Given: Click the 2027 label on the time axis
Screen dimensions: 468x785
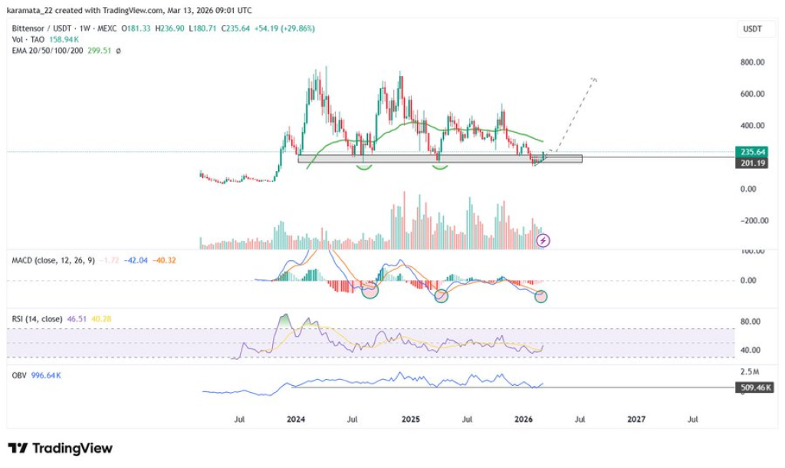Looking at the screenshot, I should click(x=636, y=420).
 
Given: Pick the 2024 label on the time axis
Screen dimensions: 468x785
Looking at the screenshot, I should click(x=296, y=420).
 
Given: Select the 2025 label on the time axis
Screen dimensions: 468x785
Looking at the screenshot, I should click(x=410, y=420).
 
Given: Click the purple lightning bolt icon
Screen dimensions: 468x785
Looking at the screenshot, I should click(x=544, y=240).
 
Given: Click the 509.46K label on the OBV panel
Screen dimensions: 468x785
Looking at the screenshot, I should click(x=751, y=388).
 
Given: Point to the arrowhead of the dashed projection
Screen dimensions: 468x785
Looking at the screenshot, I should click(x=594, y=80).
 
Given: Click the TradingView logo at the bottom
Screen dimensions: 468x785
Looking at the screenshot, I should click(x=61, y=448).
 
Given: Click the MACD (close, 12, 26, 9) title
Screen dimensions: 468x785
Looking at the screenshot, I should click(x=53, y=261).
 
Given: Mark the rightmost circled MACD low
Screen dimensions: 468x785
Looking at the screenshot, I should click(x=541, y=296).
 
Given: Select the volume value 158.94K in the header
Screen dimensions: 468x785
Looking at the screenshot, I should click(x=62, y=39).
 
